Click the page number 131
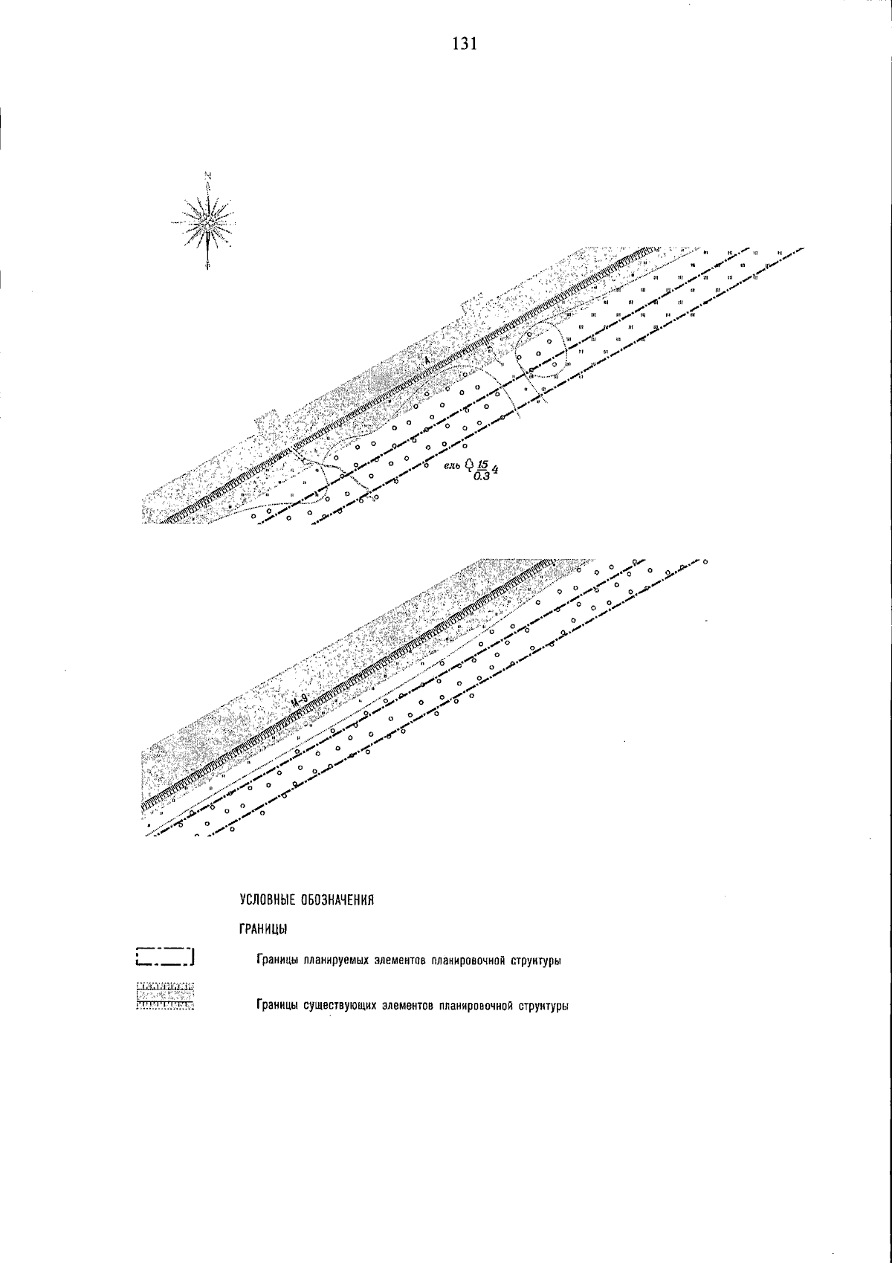[x=463, y=44]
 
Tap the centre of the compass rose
[x=207, y=221]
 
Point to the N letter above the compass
[x=207, y=176]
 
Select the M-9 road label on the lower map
[x=300, y=700]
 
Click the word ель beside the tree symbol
[x=452, y=466]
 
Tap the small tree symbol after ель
[x=468, y=465]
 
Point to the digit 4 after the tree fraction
[x=494, y=469]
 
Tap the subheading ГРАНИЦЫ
[x=263, y=929]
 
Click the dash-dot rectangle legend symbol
[x=165, y=956]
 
